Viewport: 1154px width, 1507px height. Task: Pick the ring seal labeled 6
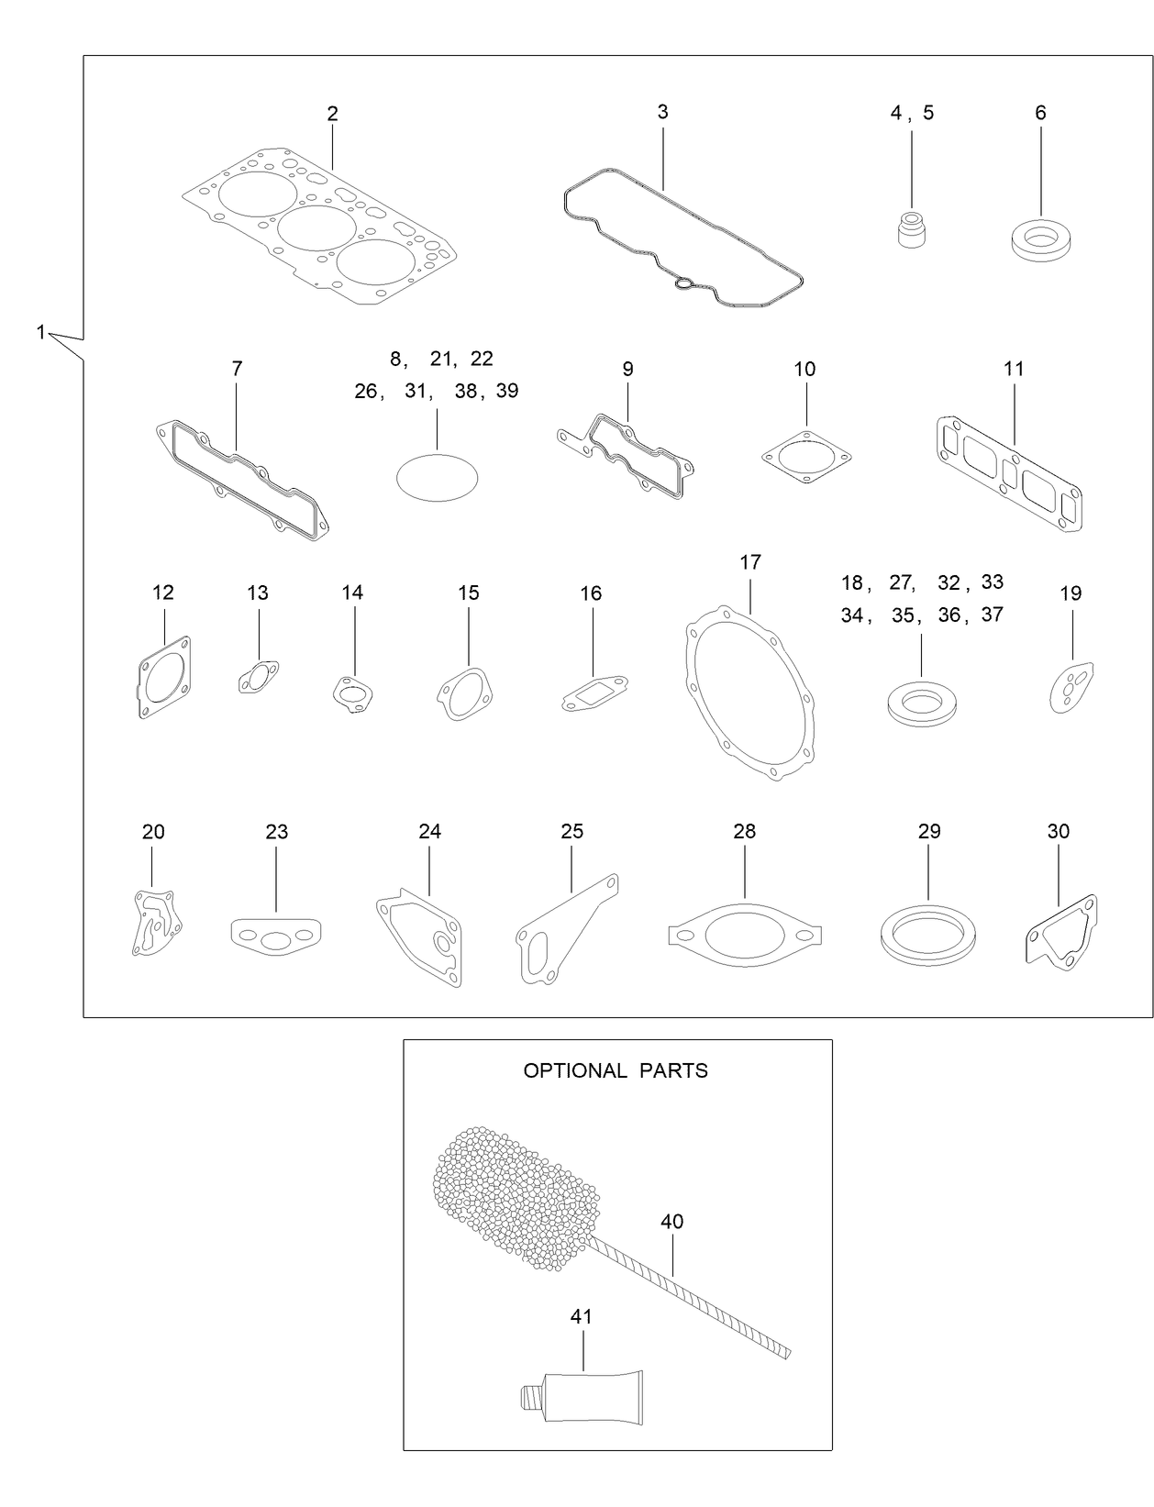pyautogui.click(x=1040, y=241)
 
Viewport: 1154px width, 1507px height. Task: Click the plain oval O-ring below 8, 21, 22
pyautogui.click(x=437, y=477)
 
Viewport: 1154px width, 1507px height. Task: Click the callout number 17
pyautogui.click(x=750, y=561)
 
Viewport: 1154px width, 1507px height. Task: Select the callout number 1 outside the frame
pyautogui.click(x=40, y=332)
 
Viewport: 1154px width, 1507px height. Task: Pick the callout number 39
pyautogui.click(x=507, y=391)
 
